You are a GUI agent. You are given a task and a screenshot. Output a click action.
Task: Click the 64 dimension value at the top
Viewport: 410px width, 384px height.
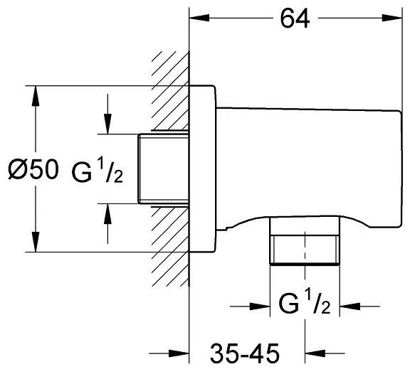(295, 18)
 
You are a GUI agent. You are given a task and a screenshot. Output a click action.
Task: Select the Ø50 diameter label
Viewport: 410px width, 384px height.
(33, 169)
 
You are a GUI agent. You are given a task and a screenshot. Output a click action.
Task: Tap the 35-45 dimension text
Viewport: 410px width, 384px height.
(245, 353)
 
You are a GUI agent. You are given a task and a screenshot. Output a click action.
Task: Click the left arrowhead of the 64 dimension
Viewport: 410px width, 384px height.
(199, 18)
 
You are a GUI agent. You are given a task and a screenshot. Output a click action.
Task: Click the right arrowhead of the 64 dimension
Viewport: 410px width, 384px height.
(391, 18)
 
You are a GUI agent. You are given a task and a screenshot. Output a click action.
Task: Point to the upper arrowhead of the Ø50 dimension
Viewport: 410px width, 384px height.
(36, 96)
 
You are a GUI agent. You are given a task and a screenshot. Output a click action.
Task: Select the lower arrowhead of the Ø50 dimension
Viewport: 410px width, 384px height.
(36, 242)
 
